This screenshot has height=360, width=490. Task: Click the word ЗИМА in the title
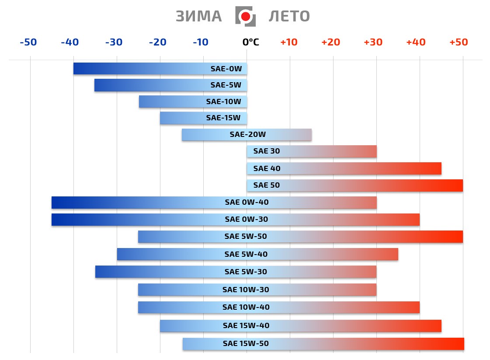pyautogui.click(x=199, y=16)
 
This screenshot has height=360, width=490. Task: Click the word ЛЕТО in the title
pyautogui.click(x=289, y=16)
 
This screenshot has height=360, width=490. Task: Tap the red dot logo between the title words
pyautogui.click(x=245, y=17)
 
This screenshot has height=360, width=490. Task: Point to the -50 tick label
pyautogui.click(x=28, y=42)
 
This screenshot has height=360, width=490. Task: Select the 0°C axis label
pyautogui.click(x=250, y=42)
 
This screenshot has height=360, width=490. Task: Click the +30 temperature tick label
pyautogui.click(x=373, y=42)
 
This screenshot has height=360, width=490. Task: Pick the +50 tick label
pyautogui.click(x=459, y=42)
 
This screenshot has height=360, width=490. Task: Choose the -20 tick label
pyautogui.click(x=157, y=42)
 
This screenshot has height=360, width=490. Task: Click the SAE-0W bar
pyautogui.click(x=160, y=69)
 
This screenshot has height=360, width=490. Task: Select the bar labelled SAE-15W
pyautogui.click(x=203, y=118)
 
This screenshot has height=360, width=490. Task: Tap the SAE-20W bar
pyautogui.click(x=247, y=135)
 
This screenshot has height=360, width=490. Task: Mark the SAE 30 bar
pyautogui.click(x=311, y=151)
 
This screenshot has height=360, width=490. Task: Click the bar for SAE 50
pyautogui.click(x=354, y=185)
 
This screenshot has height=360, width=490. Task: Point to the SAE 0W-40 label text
pyautogui.click(x=247, y=203)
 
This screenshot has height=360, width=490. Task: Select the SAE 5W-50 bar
pyautogui.click(x=300, y=237)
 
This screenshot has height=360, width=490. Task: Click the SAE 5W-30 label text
pyautogui.click(x=246, y=272)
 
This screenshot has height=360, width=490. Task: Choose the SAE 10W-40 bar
pyautogui.click(x=278, y=307)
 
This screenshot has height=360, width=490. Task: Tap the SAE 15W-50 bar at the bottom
pyautogui.click(x=323, y=344)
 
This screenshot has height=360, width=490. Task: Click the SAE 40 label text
pyautogui.click(x=267, y=168)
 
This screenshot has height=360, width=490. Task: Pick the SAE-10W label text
pyautogui.click(x=223, y=101)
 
